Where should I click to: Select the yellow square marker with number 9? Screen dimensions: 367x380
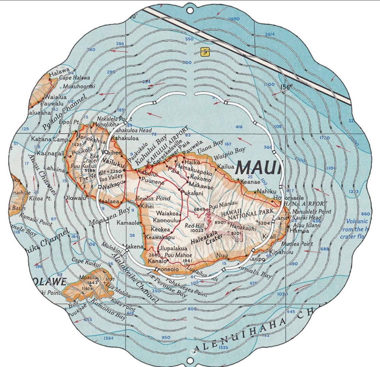(205, 52)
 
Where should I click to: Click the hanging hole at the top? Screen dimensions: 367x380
(190, 10)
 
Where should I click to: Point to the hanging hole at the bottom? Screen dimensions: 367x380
(190, 361)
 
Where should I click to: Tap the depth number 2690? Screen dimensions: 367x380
(233, 19)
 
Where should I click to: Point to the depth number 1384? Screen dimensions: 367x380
(109, 338)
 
